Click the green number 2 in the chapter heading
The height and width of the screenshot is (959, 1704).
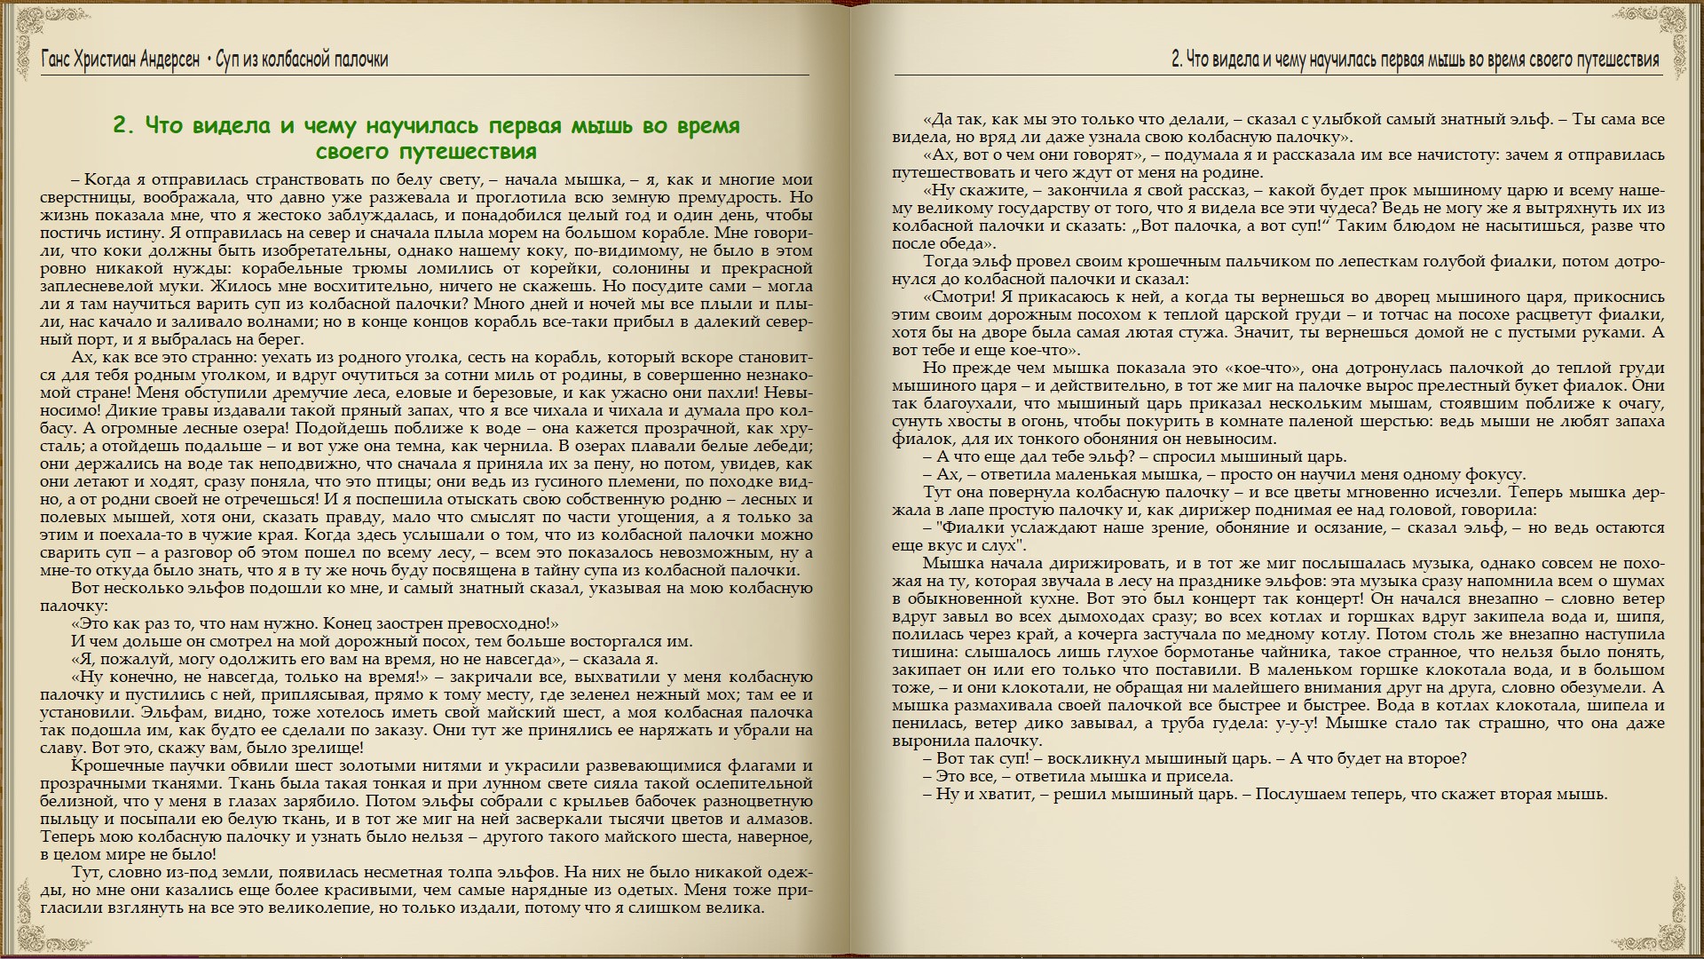point(122,126)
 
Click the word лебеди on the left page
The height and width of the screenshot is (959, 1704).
point(783,446)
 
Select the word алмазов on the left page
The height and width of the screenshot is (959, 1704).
point(778,819)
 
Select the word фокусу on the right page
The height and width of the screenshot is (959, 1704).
point(1495,474)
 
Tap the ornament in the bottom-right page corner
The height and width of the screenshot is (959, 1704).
point(1683,937)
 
